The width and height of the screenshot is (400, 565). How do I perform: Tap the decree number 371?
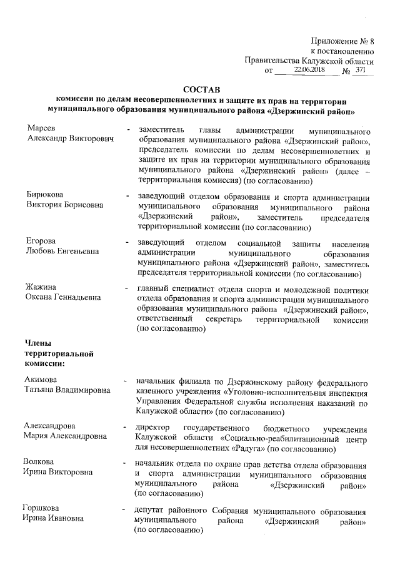[x=360, y=71]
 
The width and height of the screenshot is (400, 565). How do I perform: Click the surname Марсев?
[x=39, y=128]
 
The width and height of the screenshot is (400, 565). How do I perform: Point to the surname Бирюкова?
[x=46, y=195]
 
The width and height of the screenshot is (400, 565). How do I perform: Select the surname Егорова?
[x=41, y=241]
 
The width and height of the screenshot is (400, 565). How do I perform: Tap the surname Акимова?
[x=42, y=380]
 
